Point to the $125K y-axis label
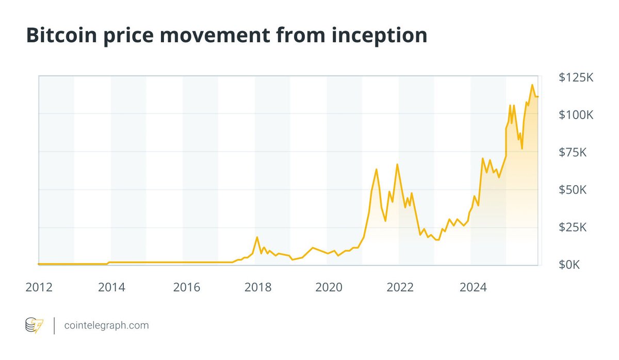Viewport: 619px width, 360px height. point(576,78)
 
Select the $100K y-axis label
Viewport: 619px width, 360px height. point(576,115)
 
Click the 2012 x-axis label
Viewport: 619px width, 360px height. point(39,287)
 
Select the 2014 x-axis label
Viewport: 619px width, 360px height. point(111,287)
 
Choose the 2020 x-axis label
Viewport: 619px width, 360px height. point(329,287)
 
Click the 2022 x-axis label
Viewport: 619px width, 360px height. point(401,287)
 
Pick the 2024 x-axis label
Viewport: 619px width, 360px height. point(473,287)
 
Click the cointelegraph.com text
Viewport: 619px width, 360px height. point(106,325)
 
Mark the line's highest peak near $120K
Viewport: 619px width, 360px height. point(532,85)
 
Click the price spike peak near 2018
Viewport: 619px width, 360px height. point(257,237)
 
